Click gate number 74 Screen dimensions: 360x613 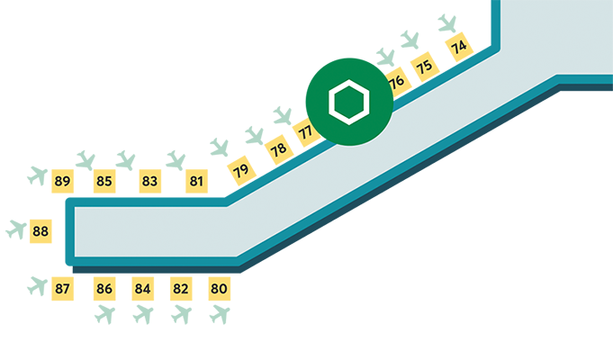pos(459,48)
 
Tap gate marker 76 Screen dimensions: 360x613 pos(395,82)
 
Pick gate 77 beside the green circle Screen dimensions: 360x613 pos(306,131)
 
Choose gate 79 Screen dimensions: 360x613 pos(240,170)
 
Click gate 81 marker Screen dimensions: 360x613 pos(197,181)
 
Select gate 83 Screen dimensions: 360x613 pos(149,181)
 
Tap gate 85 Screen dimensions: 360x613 pos(104,181)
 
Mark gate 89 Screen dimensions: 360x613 pos(62,181)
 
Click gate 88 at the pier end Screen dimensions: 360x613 pos(41,231)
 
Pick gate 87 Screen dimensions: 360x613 pos(62,289)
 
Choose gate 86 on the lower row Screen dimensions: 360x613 pos(104,289)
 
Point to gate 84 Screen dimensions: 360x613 pos(142,289)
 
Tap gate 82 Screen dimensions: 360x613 pos(180,289)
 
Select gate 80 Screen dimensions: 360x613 pos(219,289)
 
